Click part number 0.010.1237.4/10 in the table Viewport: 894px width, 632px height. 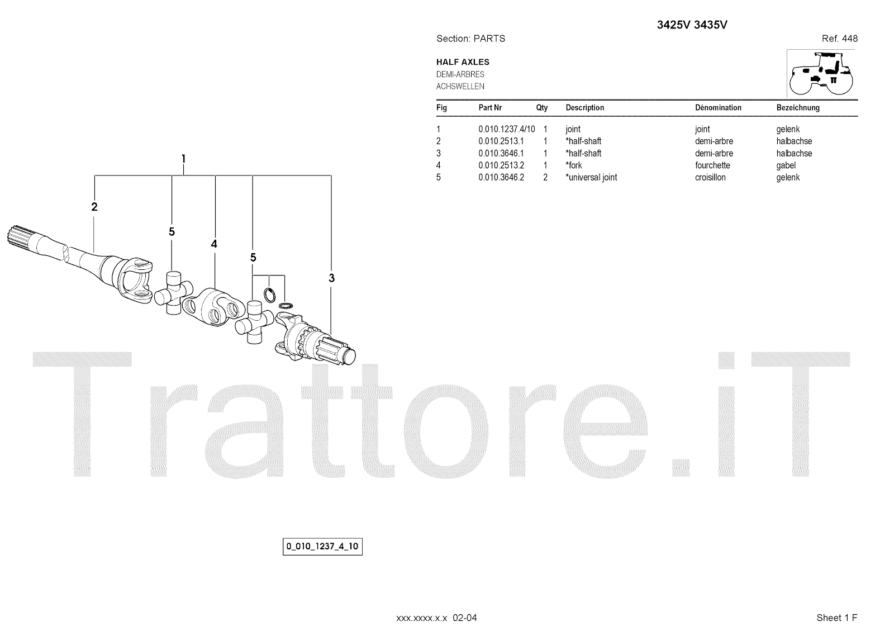[506, 129]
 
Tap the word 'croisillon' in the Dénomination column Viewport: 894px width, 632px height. [710, 178]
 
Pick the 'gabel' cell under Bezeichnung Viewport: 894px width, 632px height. [786, 165]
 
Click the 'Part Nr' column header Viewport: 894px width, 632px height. [490, 108]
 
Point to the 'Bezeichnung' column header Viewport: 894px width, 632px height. [798, 108]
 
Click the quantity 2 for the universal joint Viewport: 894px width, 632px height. [545, 178]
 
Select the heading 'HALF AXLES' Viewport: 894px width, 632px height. [463, 62]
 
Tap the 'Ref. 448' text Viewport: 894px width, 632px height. [839, 39]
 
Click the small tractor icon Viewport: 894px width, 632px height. [821, 73]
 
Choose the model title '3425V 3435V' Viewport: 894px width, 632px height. [692, 25]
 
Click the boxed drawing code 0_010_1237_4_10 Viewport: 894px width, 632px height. [322, 547]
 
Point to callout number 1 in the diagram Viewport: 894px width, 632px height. [183, 159]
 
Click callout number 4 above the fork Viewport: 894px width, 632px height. [214, 244]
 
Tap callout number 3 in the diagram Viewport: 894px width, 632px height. [331, 278]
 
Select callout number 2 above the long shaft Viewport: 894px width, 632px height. [94, 207]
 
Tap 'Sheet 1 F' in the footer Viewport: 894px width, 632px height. [836, 617]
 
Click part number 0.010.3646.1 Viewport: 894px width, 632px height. [501, 154]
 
